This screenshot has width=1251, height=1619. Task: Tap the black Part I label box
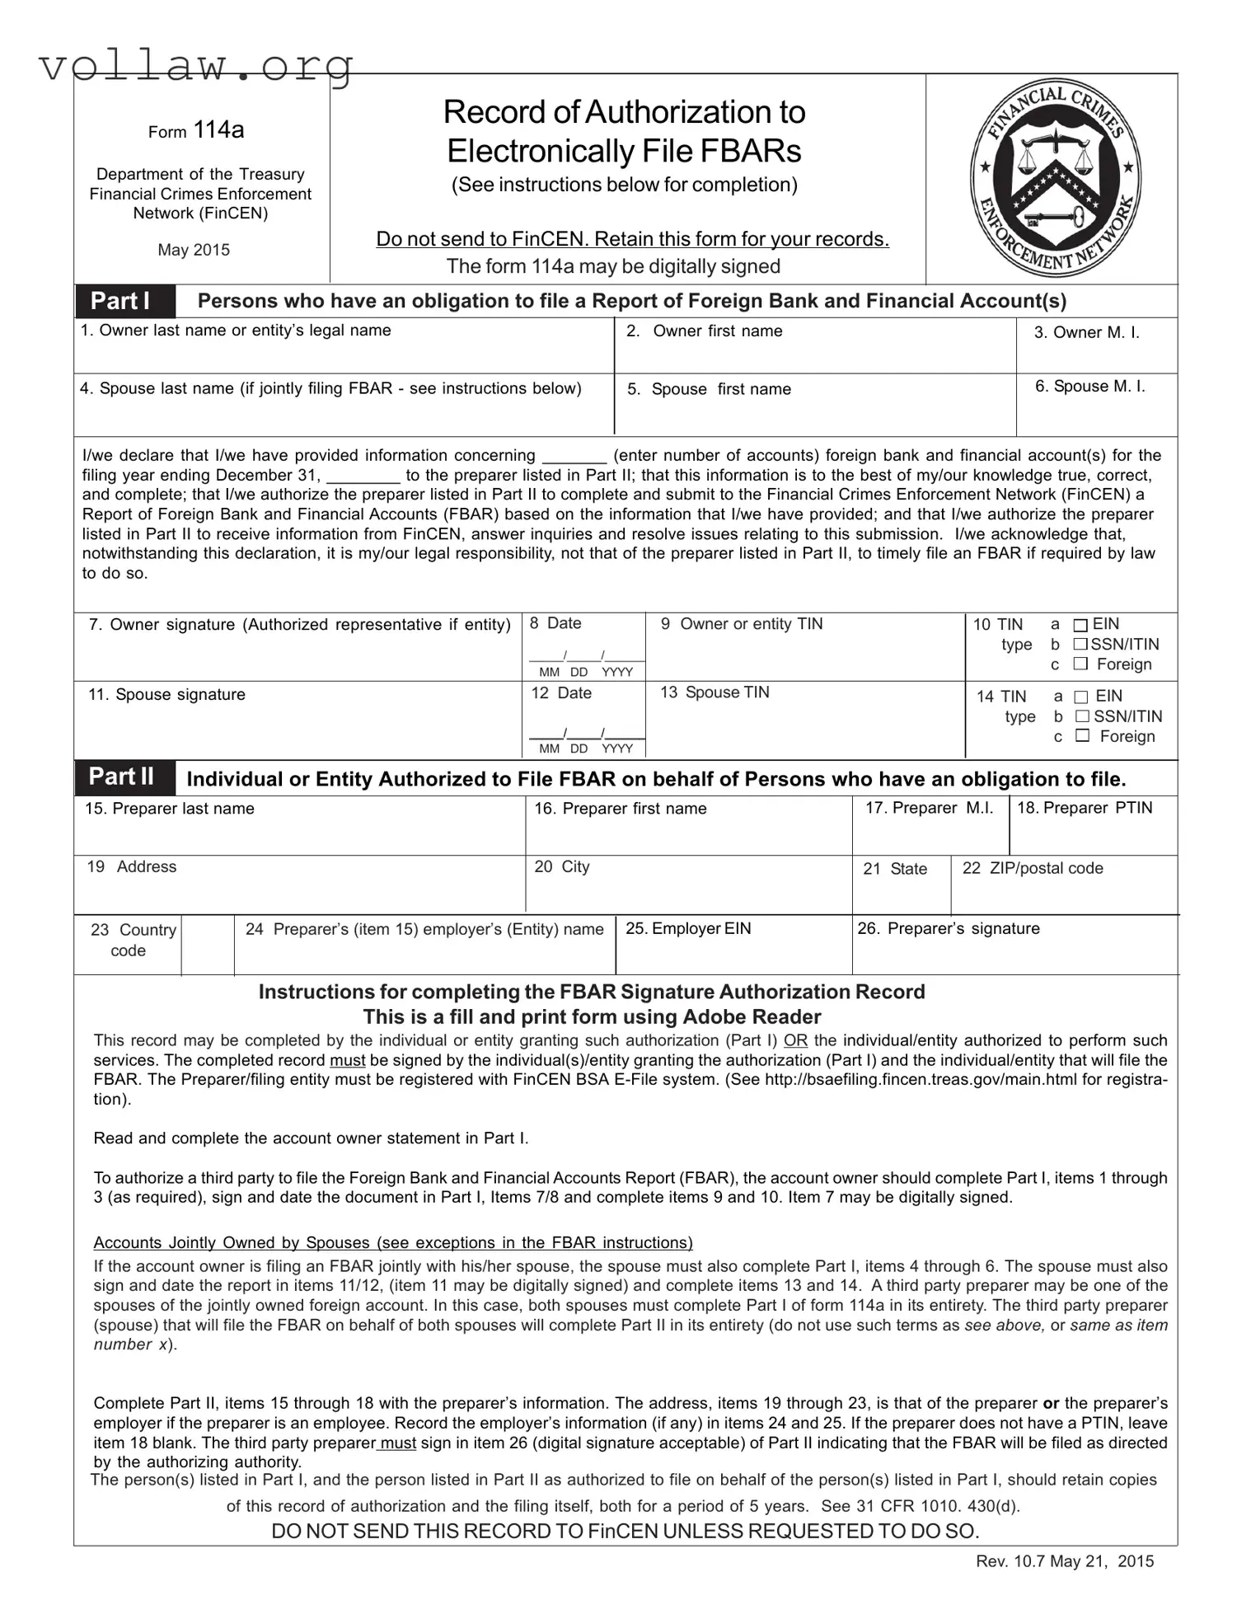124,301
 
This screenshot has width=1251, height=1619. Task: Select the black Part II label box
124,777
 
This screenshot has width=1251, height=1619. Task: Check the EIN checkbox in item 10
1080,626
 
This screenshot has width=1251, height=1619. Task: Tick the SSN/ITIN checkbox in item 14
1083,716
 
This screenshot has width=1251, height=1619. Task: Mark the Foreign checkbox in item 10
1080,664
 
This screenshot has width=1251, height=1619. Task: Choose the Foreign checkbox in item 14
1083,735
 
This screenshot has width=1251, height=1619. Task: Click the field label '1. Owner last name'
236,331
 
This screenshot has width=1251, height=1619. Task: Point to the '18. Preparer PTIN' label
1085,808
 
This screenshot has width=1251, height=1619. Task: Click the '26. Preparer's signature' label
948,929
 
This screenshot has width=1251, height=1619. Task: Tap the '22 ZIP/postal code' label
1033,868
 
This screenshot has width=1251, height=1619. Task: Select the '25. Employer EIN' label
688,929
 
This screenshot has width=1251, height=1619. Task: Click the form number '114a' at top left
218,130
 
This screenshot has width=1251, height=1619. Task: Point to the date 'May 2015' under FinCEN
194,250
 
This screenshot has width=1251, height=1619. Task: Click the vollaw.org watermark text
196,64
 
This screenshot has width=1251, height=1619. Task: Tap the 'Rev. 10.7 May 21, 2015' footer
1065,1561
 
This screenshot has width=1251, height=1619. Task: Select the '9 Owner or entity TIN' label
742,624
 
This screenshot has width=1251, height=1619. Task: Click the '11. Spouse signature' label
166,695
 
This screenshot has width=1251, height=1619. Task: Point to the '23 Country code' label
133,940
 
